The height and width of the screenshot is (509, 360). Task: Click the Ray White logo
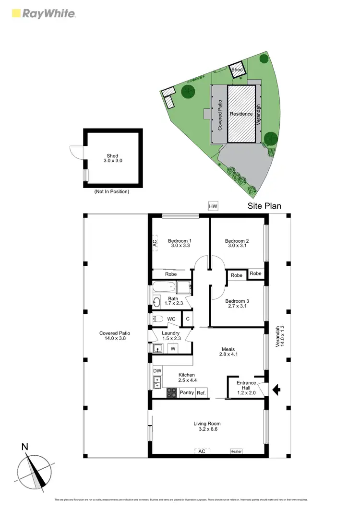(43, 13)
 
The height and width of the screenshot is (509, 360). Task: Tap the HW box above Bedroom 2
(213, 206)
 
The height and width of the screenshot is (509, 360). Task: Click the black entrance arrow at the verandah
(276, 390)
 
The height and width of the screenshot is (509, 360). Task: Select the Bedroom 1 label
(180, 243)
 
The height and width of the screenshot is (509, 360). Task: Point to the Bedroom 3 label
(237, 304)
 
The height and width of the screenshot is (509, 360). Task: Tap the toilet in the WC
(158, 319)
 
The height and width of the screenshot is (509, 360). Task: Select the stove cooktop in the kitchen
(171, 392)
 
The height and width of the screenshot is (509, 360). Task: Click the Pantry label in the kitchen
(187, 393)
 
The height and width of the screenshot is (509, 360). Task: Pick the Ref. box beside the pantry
(201, 393)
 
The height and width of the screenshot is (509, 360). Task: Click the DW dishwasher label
(157, 371)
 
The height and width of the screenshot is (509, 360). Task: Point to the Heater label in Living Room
(236, 451)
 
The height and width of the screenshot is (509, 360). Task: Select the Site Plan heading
(264, 206)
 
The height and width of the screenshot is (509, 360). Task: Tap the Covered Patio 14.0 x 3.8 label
(115, 336)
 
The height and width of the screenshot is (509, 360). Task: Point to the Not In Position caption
(112, 191)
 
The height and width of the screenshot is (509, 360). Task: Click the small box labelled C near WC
(188, 319)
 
